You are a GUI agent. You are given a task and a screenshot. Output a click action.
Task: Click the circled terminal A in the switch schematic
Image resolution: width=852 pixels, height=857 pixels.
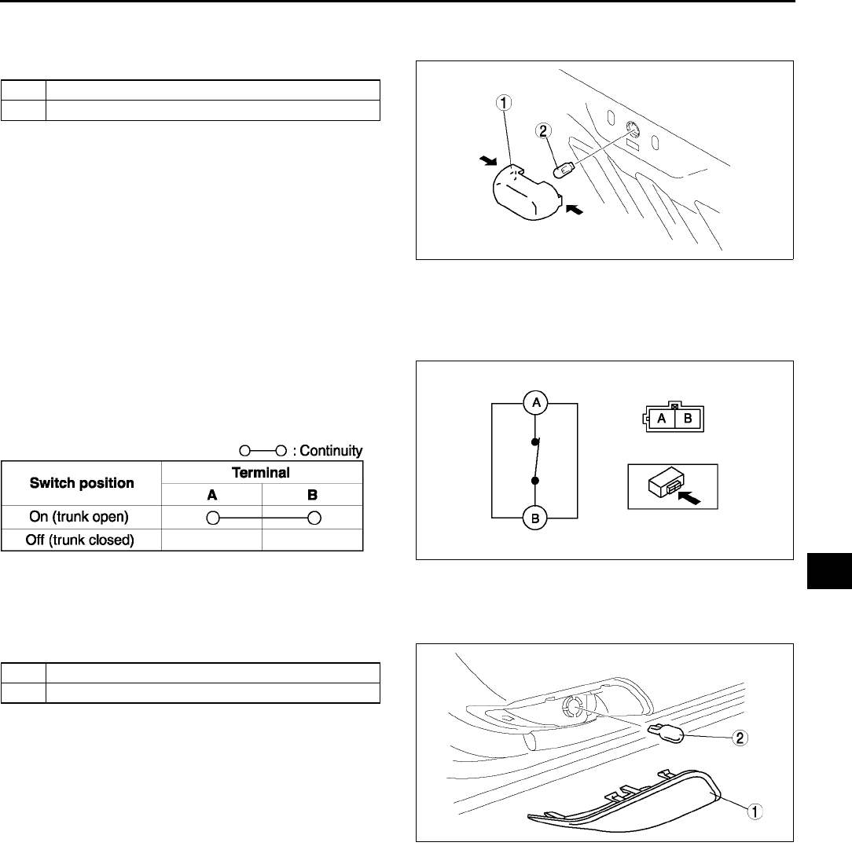pos(534,402)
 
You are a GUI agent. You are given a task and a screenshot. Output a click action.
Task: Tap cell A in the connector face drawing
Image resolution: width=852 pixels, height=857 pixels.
pos(663,419)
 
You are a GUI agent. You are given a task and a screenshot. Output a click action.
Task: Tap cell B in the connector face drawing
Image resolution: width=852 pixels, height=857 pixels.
pos(687,419)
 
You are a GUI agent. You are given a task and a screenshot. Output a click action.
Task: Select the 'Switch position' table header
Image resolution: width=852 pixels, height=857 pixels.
pos(82,483)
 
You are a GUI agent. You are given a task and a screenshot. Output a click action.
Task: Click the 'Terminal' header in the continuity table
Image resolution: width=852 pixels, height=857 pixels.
pos(262,473)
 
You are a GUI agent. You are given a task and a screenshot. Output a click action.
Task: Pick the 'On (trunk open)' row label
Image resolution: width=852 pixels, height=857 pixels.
pos(82,518)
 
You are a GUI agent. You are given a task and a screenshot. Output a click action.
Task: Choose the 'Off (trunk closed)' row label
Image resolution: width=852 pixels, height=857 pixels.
pos(82,540)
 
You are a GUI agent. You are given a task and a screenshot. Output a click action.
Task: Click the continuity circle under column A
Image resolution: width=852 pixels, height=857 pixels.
pos(212,518)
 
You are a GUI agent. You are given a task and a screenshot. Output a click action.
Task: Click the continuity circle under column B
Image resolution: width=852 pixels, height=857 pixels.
pos(313,518)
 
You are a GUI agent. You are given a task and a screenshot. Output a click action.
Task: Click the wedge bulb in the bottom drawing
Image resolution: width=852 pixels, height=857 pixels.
pos(665,734)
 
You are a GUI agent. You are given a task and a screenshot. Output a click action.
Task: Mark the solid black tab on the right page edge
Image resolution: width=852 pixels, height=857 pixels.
pos(828,570)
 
